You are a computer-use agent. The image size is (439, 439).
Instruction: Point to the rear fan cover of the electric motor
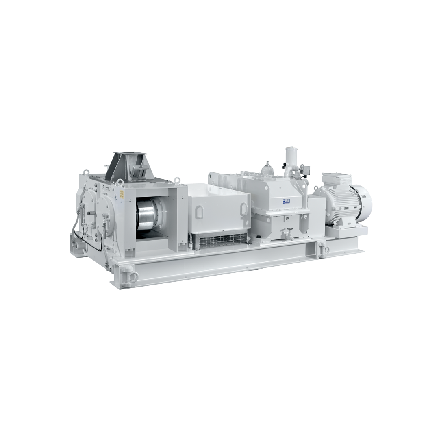point(363,201)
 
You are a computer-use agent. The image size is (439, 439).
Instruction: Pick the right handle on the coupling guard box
point(243,209)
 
